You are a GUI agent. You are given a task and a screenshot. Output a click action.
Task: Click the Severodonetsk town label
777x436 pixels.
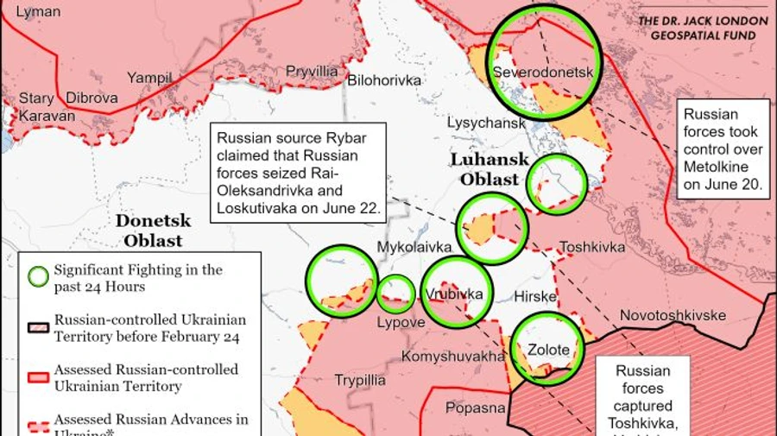click(543, 73)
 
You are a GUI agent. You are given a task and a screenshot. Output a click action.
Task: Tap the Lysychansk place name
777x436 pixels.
click(486, 123)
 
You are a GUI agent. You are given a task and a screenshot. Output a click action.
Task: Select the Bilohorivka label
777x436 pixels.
click(383, 80)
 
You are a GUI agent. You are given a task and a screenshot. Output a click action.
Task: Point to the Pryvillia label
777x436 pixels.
click(312, 72)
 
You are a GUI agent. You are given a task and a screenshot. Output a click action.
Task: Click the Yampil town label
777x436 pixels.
click(149, 78)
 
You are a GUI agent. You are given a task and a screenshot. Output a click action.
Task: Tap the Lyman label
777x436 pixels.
click(39, 12)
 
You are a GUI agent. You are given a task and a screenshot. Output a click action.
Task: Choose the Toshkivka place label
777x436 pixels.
click(592, 247)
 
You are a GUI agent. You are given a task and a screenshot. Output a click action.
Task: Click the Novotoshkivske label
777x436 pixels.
click(673, 315)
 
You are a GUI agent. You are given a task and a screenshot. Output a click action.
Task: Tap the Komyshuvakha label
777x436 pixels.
click(453, 356)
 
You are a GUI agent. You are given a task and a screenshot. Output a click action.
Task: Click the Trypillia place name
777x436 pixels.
click(360, 381)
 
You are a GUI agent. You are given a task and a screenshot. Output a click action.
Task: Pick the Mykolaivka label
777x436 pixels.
click(414, 248)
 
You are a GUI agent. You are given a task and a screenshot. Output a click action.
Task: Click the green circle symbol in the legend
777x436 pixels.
click(38, 277)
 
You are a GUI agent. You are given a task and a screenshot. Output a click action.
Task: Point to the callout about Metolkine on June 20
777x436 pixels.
click(723, 148)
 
